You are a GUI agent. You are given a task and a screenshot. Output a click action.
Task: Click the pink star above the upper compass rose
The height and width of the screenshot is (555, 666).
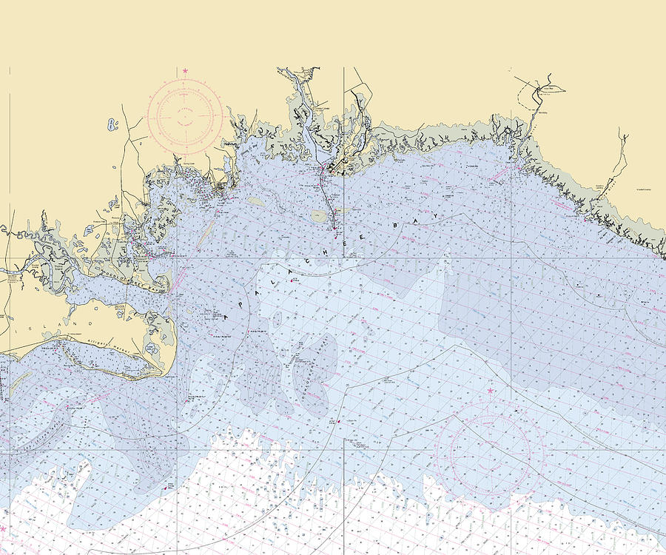(x=185, y=71)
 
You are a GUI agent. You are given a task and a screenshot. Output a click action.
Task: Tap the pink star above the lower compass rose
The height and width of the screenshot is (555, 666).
(x=489, y=390)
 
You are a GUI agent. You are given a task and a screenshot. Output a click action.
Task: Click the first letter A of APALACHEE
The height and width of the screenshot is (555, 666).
(x=226, y=317)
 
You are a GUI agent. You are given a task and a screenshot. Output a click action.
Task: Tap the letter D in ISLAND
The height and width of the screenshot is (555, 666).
(x=90, y=323)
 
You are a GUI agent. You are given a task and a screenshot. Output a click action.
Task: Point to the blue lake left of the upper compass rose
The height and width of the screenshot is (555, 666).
(x=112, y=124)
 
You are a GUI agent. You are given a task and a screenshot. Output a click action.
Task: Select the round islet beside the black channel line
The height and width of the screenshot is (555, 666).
(x=319, y=216)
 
